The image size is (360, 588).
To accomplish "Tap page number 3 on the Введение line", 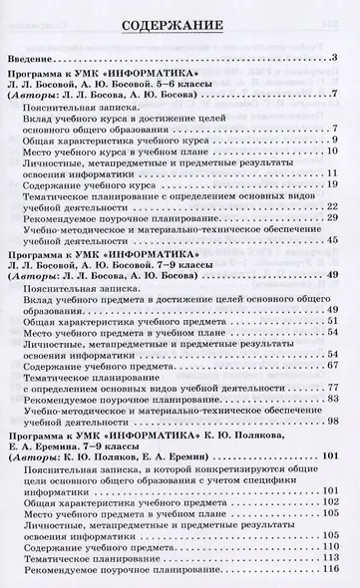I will click(x=338, y=58).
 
